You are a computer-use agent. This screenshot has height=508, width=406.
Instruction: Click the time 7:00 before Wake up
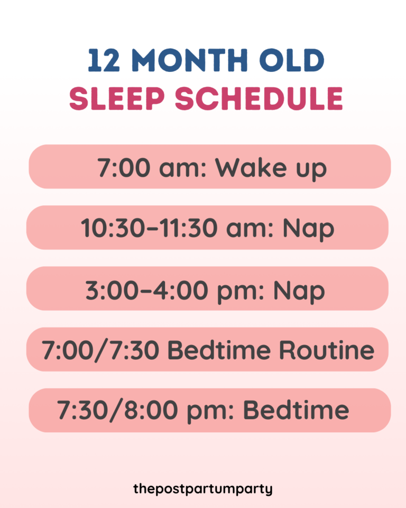point(123,168)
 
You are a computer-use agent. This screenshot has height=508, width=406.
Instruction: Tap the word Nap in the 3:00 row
point(299,291)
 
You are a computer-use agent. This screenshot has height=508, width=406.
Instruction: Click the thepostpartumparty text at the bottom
point(203,488)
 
